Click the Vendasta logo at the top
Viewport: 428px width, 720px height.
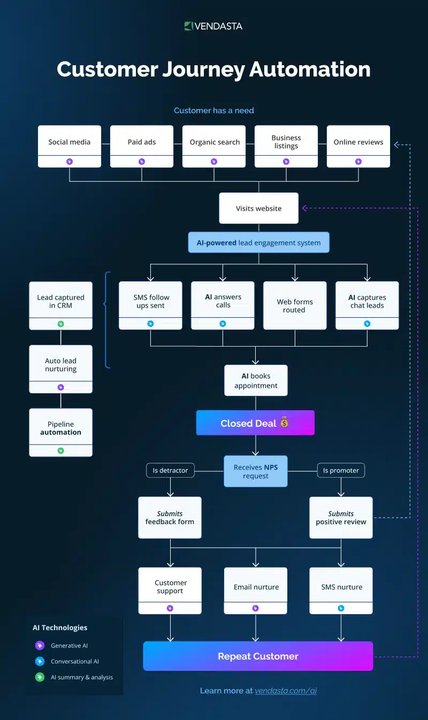(213, 26)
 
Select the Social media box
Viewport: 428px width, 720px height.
(70, 142)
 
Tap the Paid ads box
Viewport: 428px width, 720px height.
(142, 142)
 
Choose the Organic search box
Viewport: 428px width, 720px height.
(214, 142)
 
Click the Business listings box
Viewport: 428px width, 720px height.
(286, 142)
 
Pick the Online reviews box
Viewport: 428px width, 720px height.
(358, 142)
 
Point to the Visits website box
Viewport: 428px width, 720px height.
(259, 208)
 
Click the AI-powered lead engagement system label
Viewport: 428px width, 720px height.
(259, 242)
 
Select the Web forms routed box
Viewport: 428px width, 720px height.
(295, 305)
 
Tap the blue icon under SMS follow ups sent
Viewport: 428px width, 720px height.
(150, 324)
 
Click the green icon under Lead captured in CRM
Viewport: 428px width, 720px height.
(60, 324)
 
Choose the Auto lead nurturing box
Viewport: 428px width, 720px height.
(60, 365)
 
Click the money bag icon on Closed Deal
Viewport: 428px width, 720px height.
(284, 423)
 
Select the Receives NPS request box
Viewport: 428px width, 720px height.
(256, 471)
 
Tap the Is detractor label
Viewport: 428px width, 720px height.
(170, 470)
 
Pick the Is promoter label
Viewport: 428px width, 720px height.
(341, 470)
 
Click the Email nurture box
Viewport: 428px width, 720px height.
(256, 587)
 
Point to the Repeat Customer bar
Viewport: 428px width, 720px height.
(258, 656)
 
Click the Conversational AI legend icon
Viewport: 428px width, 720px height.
(39, 661)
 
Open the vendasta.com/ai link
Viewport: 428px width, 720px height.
(286, 691)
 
